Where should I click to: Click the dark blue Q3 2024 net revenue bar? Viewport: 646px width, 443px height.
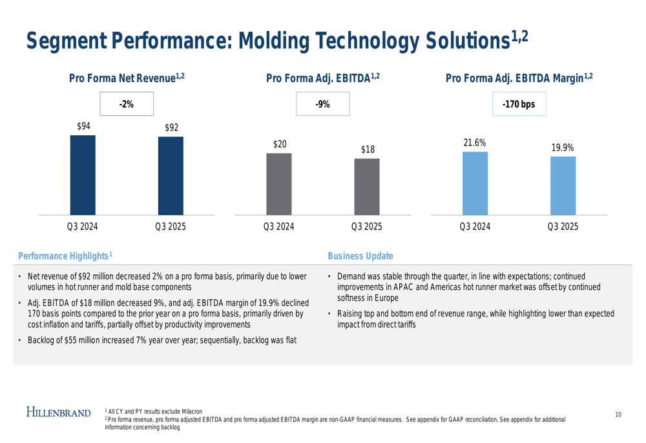83,175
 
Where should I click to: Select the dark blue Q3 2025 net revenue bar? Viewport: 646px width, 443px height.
171,176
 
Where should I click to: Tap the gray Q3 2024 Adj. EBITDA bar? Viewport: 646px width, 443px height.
279,184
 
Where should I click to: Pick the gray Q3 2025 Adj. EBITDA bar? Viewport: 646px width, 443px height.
367,187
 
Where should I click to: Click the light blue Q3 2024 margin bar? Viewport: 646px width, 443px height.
475,184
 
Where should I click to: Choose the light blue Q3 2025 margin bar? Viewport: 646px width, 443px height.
563,186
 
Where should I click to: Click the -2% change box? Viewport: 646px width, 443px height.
127,104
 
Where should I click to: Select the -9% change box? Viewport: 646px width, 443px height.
322,104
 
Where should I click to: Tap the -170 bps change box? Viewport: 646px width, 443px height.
519,104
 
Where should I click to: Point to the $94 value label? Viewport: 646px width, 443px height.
83,126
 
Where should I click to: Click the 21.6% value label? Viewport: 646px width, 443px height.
475,143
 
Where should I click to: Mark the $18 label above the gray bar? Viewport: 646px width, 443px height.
368,149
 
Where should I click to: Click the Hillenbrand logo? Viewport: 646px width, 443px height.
59,412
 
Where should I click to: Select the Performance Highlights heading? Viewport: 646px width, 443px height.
65,256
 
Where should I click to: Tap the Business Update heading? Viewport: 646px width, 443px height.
360,256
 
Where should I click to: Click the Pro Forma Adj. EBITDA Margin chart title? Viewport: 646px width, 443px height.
519,78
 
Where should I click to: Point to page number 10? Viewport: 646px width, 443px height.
618,415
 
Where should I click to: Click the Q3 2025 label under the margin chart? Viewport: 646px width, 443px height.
563,226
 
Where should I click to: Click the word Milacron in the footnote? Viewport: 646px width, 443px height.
193,412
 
